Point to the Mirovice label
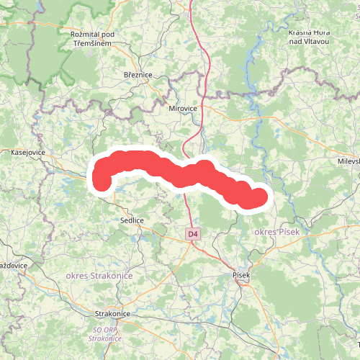pos(182,109)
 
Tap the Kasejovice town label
pos(28,153)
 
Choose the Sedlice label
pos(132,220)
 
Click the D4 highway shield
pos(193,234)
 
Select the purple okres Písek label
pos(276,232)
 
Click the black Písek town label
pos(241,274)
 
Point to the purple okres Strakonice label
pos(94,276)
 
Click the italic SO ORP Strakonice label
pos(105,334)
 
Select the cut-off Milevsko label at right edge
pos(348,161)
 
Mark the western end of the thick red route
pos(102,180)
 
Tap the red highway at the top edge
pos(192,3)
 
